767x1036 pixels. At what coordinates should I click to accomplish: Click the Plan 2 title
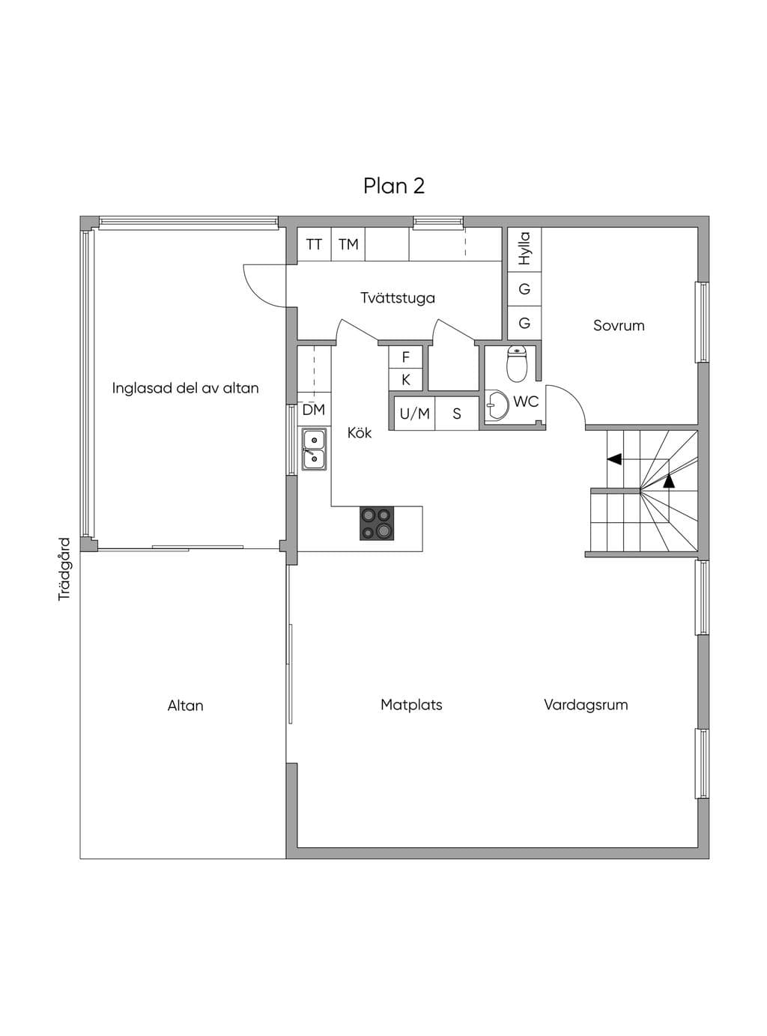(394, 186)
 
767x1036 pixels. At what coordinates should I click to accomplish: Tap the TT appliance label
(314, 244)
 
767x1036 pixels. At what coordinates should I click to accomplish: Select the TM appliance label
(348, 244)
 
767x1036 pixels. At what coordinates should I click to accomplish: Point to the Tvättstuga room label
(398, 298)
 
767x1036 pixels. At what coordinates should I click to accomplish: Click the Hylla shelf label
(524, 249)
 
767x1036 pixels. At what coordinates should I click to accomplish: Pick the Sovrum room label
(619, 325)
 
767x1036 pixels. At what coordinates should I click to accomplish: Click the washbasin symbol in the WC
(497, 404)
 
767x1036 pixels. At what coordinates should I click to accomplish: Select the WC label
(526, 402)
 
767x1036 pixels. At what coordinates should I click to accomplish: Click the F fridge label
(405, 357)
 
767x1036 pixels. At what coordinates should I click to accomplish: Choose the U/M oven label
(414, 414)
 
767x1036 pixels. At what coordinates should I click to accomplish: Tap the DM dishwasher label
(313, 410)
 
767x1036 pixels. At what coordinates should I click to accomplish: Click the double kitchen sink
(314, 449)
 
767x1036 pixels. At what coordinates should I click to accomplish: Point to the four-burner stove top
(377, 523)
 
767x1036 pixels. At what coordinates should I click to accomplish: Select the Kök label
(360, 432)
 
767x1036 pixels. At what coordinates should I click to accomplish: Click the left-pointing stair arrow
(614, 459)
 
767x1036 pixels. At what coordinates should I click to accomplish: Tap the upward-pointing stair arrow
(669, 481)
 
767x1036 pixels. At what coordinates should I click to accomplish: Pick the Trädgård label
(64, 569)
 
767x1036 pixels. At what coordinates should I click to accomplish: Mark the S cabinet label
(457, 414)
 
